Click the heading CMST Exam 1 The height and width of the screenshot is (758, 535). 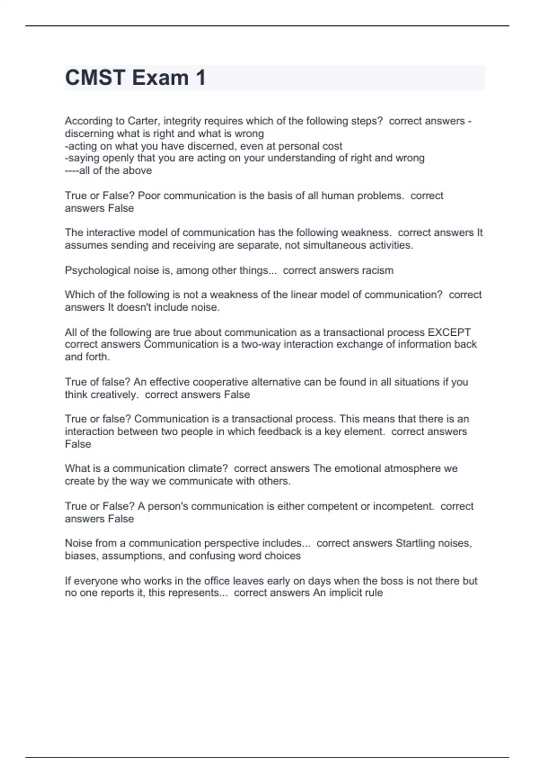(x=136, y=78)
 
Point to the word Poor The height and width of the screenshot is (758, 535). (x=149, y=196)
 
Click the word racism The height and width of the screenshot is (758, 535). (x=378, y=271)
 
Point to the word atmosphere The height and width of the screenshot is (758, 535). (x=411, y=469)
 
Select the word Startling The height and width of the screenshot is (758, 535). (x=415, y=544)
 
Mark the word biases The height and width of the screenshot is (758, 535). (x=81, y=556)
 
